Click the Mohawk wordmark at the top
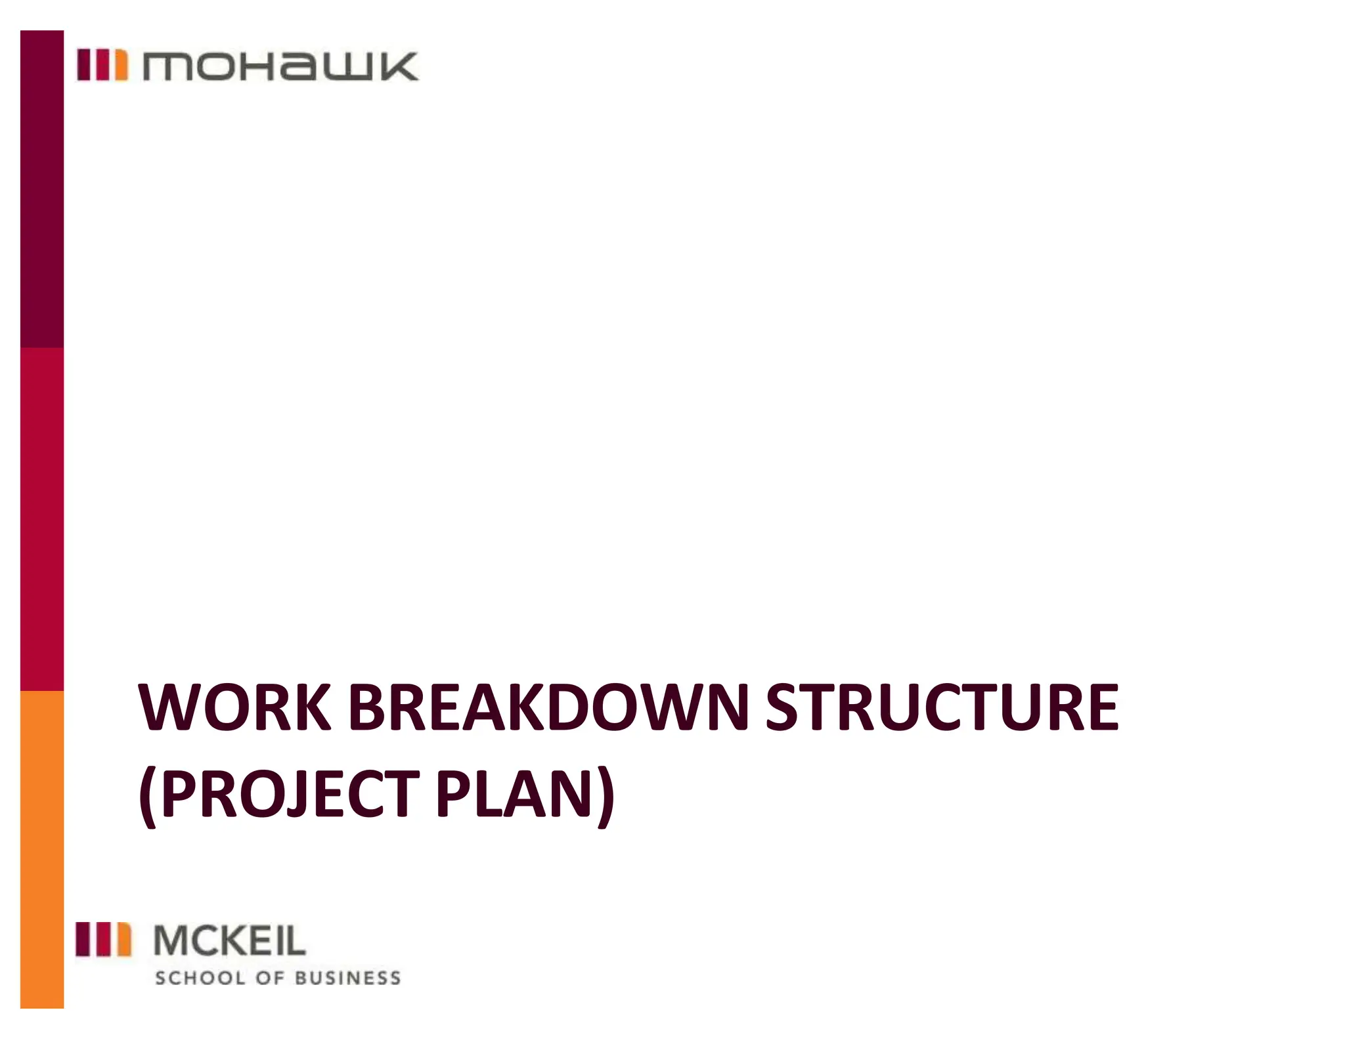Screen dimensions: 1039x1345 [x=280, y=66]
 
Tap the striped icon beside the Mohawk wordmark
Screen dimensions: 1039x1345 [x=102, y=65]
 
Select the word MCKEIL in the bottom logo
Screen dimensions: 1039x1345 [x=229, y=940]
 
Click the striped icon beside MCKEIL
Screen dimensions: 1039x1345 [x=103, y=939]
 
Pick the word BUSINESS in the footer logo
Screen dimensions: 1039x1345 [x=347, y=978]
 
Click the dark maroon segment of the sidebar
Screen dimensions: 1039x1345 [x=42, y=189]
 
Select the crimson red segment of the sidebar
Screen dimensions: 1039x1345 [x=42, y=519]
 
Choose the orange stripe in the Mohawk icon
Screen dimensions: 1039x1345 [x=121, y=65]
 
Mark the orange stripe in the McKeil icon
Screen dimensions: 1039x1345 [x=123, y=939]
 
